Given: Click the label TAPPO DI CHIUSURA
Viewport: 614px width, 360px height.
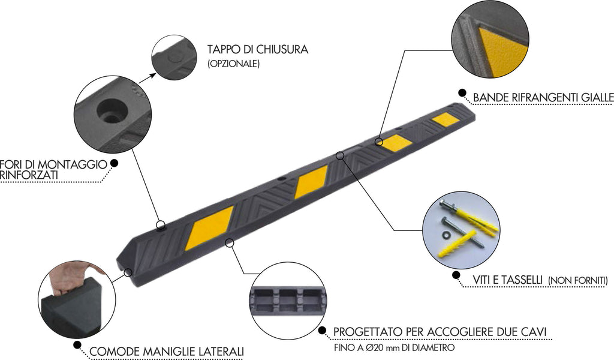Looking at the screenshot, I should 258,49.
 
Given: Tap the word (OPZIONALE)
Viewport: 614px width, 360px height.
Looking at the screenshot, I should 233,63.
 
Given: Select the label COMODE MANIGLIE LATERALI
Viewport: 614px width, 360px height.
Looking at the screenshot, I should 166,352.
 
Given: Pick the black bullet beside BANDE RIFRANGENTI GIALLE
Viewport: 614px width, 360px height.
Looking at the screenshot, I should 462,93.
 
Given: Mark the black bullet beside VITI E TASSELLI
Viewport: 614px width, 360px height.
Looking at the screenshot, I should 456,275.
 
